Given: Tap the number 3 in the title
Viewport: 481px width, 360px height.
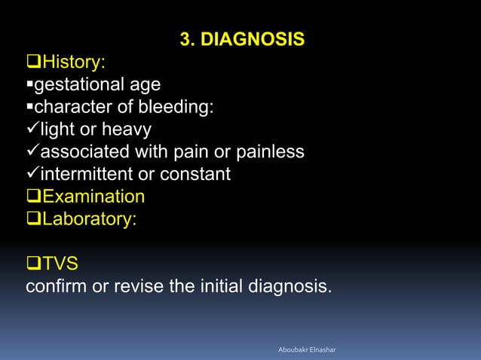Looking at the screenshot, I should (x=185, y=38).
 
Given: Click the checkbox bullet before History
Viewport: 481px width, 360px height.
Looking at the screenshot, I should (x=34, y=61).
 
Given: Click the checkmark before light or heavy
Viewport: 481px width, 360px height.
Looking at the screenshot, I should (x=32, y=130).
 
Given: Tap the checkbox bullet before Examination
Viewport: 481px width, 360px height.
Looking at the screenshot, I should (x=34, y=197).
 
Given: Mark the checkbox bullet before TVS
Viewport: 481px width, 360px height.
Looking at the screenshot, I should (x=34, y=264).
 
